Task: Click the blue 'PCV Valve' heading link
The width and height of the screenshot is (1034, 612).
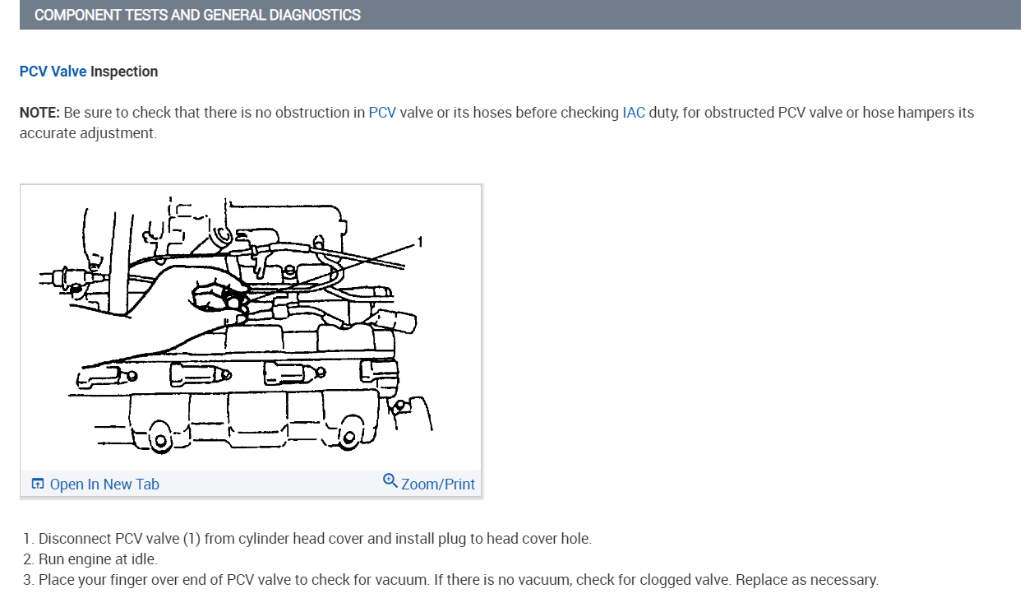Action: (53, 72)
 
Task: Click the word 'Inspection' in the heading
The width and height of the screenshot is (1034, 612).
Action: (124, 72)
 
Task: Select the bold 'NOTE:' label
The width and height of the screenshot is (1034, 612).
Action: (39, 113)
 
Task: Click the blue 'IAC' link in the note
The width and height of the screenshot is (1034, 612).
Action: (634, 113)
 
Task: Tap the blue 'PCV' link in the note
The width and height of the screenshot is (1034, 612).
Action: (382, 113)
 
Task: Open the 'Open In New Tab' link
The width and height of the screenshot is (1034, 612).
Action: (104, 484)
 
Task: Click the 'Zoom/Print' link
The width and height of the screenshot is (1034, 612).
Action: (437, 484)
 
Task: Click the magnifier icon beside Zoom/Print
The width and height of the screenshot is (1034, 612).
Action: (390, 480)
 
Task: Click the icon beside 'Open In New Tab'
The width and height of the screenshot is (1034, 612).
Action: (37, 484)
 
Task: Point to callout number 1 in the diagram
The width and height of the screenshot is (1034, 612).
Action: (419, 241)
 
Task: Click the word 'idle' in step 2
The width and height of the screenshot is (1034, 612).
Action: (142, 559)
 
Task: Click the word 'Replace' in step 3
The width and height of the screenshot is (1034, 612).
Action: (761, 580)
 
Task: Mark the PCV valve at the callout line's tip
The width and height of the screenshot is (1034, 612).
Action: (234, 296)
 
